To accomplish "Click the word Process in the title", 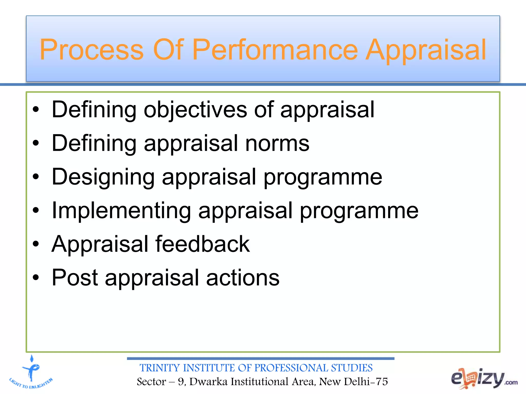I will coord(91,50).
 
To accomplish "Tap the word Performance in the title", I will coord(275,50).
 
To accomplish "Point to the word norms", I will coord(277,144).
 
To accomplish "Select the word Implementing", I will coord(121,211).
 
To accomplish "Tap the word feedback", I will coord(203,244).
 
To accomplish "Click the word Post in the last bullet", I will coord(75,278).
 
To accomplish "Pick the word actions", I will coord(243,278).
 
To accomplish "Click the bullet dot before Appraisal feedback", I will coord(36,244).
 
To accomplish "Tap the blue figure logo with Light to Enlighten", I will coord(31,372).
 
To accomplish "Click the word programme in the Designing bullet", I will coord(323,178).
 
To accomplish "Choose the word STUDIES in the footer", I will coord(352,368).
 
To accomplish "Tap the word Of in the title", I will coord(168,50).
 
